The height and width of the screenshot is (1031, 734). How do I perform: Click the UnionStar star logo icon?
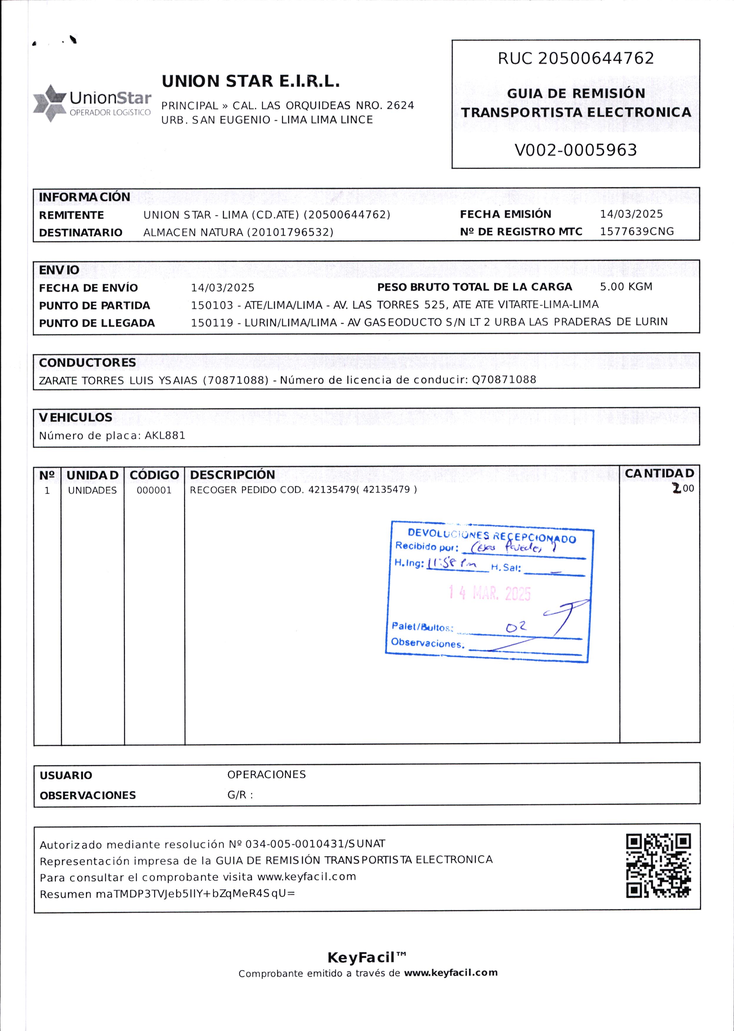49,103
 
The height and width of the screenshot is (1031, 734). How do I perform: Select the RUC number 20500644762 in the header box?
596,58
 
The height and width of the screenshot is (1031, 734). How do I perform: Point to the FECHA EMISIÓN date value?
631,214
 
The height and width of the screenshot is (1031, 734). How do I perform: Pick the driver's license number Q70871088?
504,380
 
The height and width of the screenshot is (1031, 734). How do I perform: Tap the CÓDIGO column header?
154,475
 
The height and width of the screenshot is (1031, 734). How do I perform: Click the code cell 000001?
154,490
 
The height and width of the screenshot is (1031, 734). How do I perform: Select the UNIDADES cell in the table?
92,490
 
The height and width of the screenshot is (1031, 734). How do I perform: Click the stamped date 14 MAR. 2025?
489,593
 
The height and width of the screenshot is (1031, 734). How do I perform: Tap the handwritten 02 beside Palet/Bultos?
516,627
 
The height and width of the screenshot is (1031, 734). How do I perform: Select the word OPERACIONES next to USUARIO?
266,774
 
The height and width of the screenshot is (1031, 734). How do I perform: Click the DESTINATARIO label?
80,233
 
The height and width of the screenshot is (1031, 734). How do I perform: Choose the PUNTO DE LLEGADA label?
97,323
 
